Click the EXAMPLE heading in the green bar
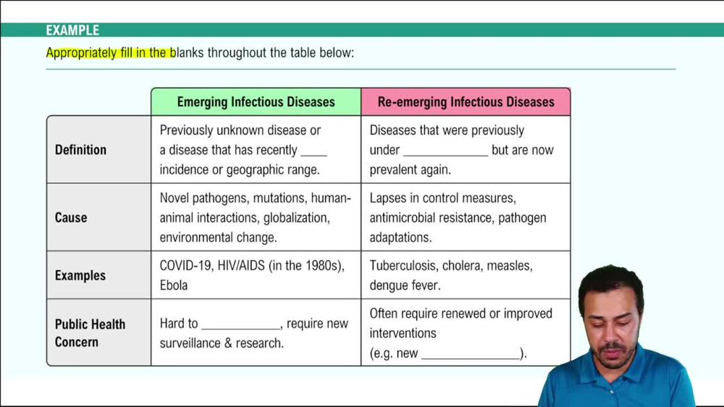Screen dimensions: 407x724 (72, 30)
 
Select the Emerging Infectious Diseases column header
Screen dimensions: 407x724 (256, 102)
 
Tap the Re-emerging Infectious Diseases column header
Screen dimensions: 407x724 (466, 102)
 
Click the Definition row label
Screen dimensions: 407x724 (80, 150)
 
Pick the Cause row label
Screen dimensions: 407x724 (71, 217)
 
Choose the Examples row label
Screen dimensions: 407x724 (80, 275)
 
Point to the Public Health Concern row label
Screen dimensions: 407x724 (90, 332)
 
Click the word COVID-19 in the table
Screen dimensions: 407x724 (185, 266)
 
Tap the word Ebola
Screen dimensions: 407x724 (174, 285)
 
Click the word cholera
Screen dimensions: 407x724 (461, 266)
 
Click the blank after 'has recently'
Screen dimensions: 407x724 (313, 151)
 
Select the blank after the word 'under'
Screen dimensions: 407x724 (445, 151)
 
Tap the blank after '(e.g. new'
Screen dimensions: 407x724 (471, 355)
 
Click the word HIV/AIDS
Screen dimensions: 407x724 (242, 266)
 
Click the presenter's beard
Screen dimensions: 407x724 (614, 357)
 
